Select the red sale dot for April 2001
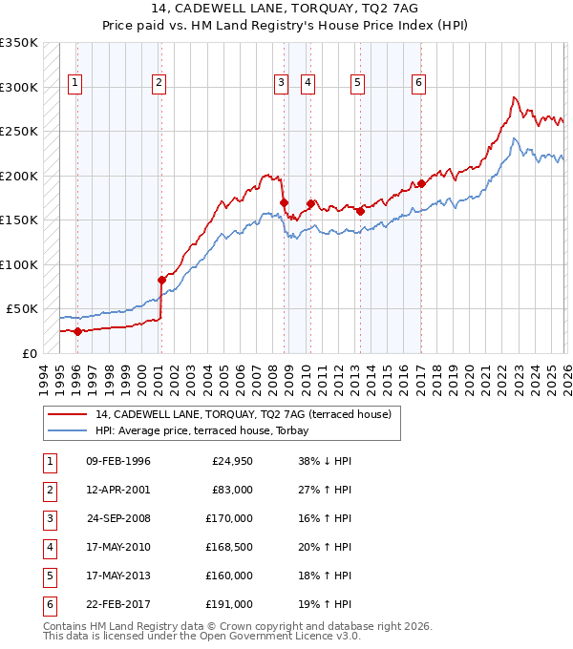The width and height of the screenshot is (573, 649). pyautogui.click(x=160, y=280)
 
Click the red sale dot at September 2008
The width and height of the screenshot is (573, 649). pyautogui.click(x=284, y=201)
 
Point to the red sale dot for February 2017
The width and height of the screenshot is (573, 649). pyautogui.click(x=420, y=183)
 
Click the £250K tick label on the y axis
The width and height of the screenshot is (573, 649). pyautogui.click(x=19, y=132)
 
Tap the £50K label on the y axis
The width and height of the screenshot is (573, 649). pyautogui.click(x=22, y=309)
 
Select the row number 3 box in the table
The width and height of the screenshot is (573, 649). pyautogui.click(x=49, y=518)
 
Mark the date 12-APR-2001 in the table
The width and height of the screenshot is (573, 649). pyautogui.click(x=117, y=490)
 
